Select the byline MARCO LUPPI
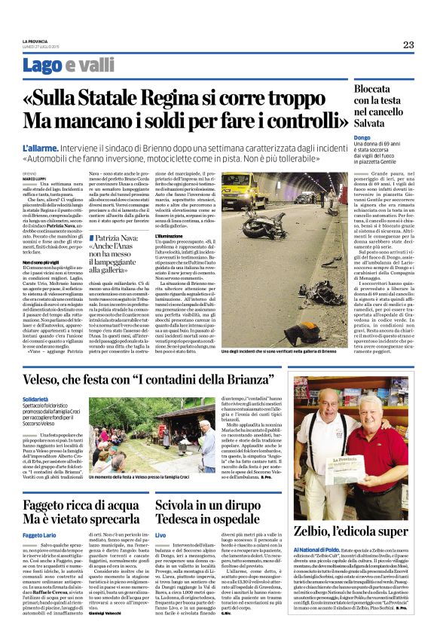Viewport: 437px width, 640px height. coord(35,179)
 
